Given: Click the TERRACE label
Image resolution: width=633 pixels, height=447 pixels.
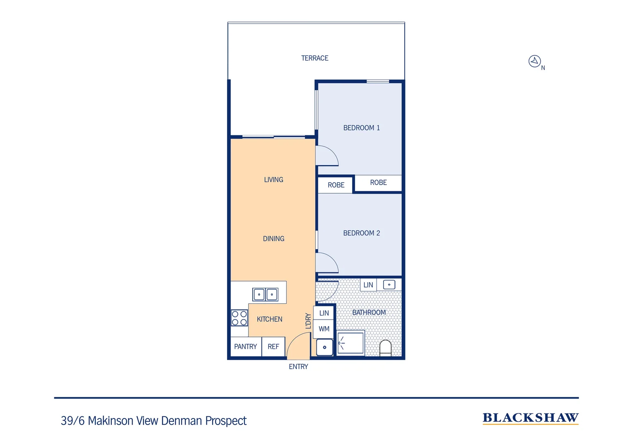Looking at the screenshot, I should point(314,58).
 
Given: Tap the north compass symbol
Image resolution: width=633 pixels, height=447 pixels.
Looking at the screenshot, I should point(534,61).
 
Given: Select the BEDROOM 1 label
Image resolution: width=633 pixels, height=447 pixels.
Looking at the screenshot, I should point(361,128).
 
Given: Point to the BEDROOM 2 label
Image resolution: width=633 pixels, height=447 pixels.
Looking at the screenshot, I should point(361,233).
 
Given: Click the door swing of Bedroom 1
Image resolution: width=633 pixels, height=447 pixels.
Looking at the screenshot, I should point(326,156).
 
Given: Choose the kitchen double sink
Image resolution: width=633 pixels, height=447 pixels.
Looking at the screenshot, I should point(265,295).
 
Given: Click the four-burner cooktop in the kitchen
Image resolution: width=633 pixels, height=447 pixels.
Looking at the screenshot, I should point(239,318).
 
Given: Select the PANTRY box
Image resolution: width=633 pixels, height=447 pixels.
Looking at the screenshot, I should point(245,347).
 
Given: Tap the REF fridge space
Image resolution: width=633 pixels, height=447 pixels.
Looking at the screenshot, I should point(273,347).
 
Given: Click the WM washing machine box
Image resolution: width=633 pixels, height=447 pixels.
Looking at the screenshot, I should point(324,329).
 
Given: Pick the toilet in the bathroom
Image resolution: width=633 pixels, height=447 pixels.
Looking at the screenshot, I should point(385,348).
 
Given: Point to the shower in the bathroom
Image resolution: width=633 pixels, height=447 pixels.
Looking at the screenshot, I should point(351,343).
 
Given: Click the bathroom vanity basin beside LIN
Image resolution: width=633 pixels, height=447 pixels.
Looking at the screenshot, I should point(389,285).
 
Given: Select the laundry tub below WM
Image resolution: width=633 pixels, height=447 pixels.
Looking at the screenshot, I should point(324,347).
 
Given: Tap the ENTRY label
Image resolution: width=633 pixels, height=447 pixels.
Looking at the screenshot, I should point(298,367).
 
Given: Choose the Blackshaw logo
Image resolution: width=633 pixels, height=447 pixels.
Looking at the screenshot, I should point(530,418).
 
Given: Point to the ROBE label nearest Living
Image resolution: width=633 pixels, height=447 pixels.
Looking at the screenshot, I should point(336,185).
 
